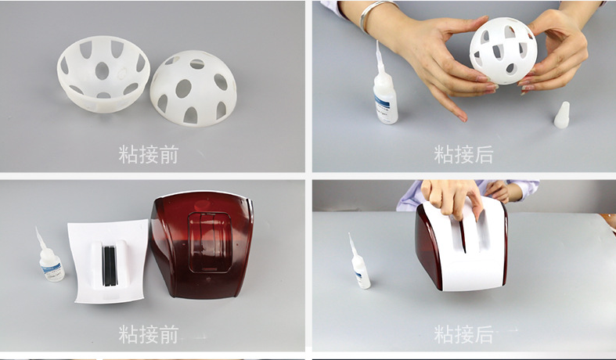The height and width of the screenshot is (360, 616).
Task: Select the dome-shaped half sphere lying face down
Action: (x=193, y=88)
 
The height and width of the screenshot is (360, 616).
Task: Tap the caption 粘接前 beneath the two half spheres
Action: (x=149, y=154)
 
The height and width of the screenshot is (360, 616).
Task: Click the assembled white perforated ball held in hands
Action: (x=503, y=51)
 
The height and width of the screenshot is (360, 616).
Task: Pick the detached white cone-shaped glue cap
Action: (x=562, y=115)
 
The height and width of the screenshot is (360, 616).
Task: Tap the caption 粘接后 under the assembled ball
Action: (x=463, y=154)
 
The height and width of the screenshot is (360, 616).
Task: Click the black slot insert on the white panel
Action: (x=110, y=266)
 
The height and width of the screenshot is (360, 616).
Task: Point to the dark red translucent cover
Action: (x=202, y=243)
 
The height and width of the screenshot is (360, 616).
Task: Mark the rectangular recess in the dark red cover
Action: (x=210, y=243)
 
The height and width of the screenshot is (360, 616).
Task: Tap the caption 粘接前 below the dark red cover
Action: (x=149, y=334)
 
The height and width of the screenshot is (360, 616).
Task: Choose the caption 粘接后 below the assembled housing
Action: (x=463, y=334)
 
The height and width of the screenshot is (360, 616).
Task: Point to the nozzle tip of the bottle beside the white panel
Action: (x=37, y=229)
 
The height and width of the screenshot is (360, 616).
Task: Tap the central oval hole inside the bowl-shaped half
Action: (x=102, y=70)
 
